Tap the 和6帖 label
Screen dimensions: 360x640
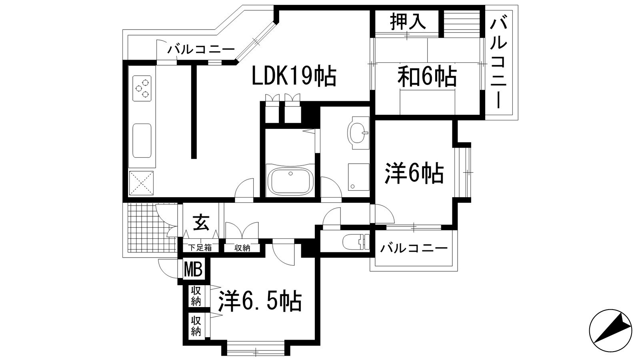pos(427,76)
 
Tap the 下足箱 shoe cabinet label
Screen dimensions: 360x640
pos(200,248)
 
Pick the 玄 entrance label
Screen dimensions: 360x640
pos(201,223)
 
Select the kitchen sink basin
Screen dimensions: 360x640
pos(142,141)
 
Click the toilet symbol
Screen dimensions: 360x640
pos(355,241)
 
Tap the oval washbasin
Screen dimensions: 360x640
pos(359,132)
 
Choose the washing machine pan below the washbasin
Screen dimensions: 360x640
pos(358,176)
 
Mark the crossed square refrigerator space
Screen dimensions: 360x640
pos(141,183)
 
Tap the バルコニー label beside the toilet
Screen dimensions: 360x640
pos(414,249)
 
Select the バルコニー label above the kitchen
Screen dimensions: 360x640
pos(201,50)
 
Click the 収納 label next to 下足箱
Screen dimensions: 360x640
pos(242,248)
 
